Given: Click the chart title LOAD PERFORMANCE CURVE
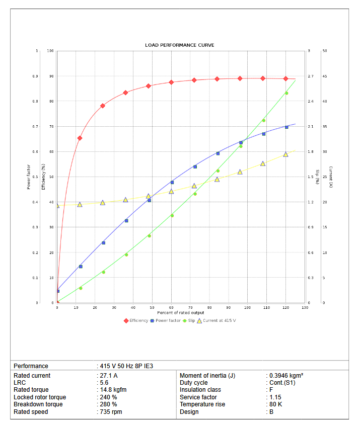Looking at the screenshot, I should pos(180,45).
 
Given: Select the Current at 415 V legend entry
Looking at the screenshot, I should pos(216,320).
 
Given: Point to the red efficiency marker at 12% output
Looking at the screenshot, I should pos(80,138).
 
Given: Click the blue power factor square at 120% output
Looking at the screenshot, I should pos(286,127).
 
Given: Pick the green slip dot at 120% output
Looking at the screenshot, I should pos(286,93).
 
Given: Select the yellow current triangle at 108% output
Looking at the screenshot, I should pos(263,163).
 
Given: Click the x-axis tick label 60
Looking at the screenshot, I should pos(171,307).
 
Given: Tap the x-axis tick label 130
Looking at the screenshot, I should pos(305,307).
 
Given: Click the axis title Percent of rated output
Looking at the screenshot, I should pos(181,313).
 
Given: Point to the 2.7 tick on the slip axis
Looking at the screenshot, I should pos(311,76).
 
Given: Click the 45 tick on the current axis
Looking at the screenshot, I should pos(325,76).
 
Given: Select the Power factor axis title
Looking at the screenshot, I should pos(29,177).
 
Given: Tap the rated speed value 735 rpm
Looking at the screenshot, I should pos(110,412).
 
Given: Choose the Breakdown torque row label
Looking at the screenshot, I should pos(38,404).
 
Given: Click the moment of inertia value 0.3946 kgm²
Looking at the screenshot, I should pos(285,376).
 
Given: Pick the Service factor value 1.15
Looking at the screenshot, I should pos(274,397).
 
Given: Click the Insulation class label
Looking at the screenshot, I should pos(200,390).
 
